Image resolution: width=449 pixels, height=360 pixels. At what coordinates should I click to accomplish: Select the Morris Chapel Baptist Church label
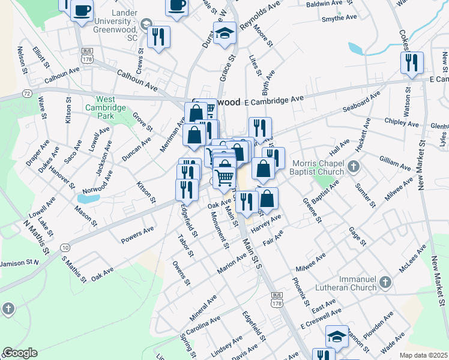tap(318, 167)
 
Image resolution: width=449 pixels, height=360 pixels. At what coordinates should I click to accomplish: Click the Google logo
tap(20, 353)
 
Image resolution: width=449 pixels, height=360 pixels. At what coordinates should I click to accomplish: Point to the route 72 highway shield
tap(26, 94)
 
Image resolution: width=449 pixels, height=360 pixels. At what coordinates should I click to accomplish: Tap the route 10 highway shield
tap(64, 247)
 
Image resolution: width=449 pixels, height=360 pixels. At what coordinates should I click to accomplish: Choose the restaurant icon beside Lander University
tap(158, 36)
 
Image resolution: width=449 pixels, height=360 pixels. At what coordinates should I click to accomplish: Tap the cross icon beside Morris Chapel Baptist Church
tap(354, 165)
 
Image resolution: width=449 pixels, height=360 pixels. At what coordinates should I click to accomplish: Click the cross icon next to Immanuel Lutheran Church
tap(385, 281)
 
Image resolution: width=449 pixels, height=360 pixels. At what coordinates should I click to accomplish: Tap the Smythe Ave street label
tap(340, 18)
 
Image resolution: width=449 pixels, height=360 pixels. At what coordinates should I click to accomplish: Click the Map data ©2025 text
tap(424, 355)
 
